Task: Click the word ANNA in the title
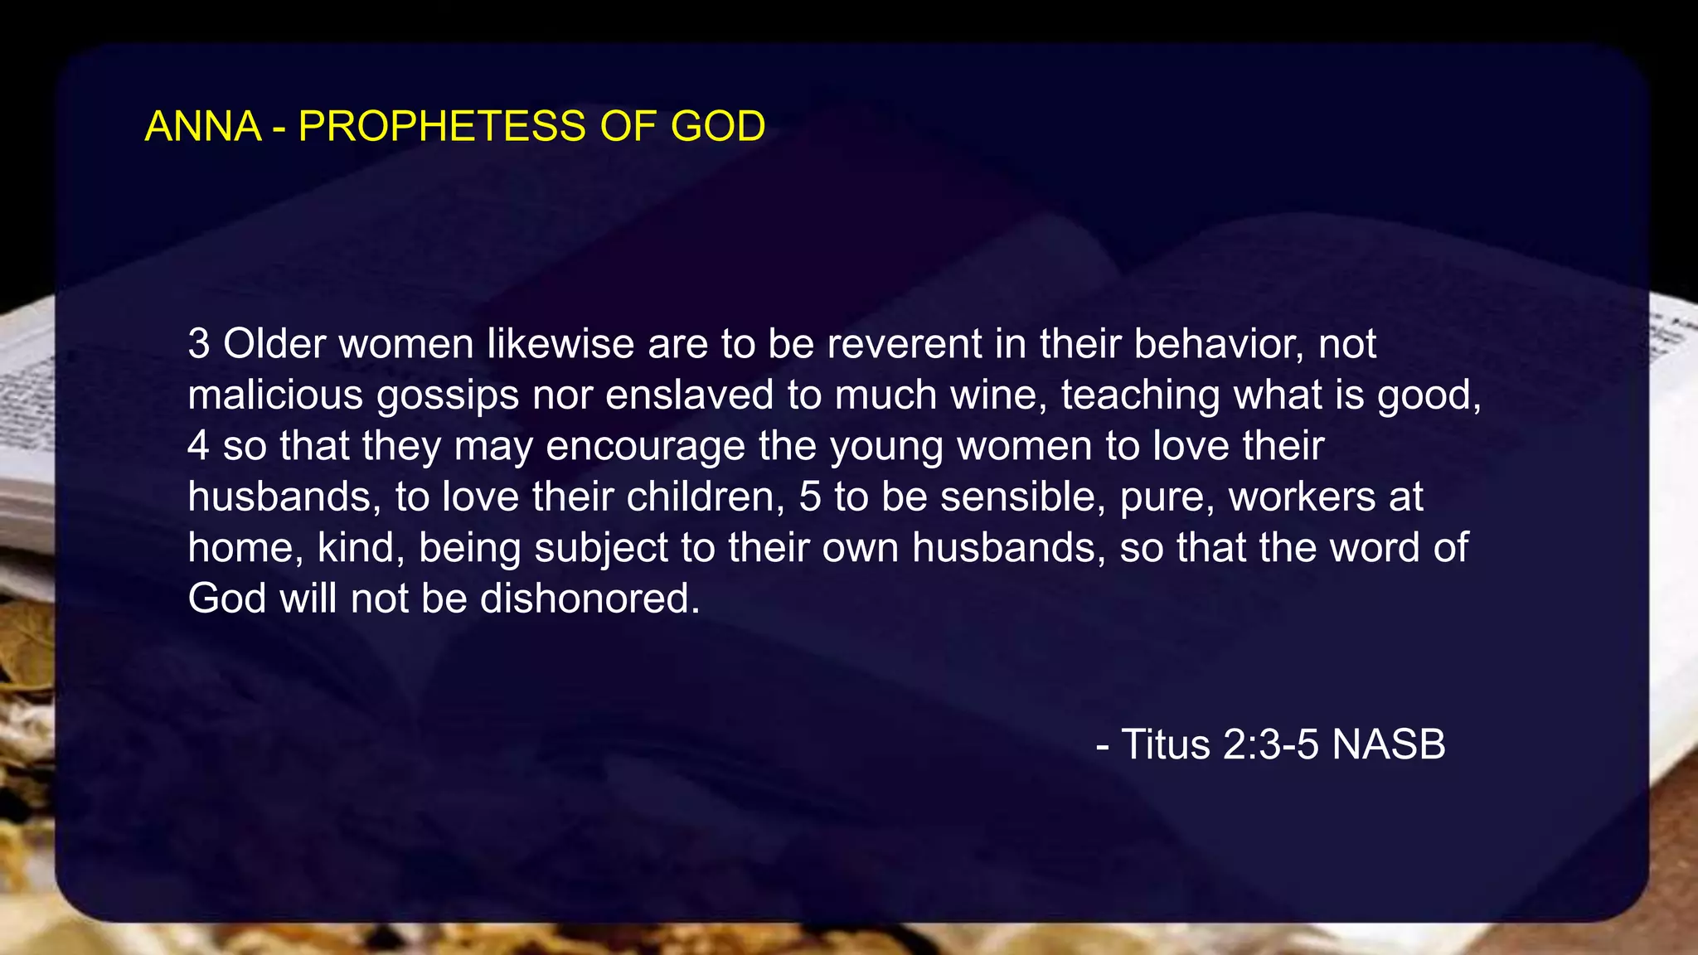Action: coord(203,127)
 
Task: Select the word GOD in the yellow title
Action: coord(717,127)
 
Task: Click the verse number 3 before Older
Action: coord(198,344)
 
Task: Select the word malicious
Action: coord(275,395)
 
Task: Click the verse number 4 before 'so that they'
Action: coord(198,446)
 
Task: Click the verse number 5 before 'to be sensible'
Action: coord(810,497)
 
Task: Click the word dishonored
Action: coord(589,599)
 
